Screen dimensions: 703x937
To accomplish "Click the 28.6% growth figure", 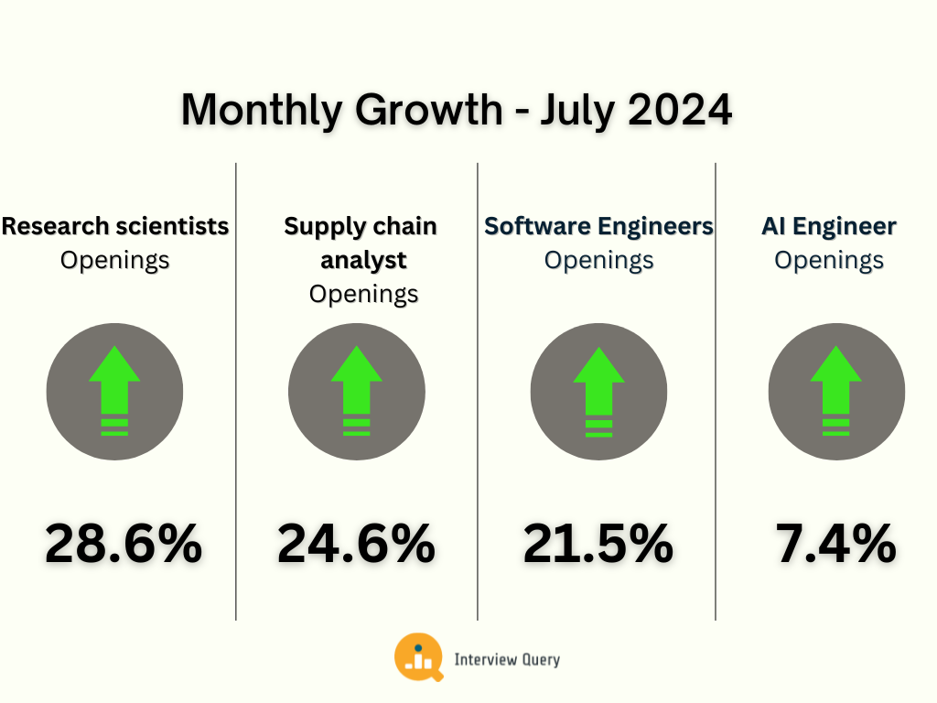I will tap(124, 544).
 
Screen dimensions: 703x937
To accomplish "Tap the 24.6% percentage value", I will tap(356, 544).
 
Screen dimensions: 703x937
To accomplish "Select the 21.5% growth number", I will tap(598, 544).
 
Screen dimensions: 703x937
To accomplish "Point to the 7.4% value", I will tap(835, 544).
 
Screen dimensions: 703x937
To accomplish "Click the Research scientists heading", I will tap(114, 226).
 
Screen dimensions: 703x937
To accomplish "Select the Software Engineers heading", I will tap(598, 226).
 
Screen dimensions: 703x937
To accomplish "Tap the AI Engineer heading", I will tap(829, 226).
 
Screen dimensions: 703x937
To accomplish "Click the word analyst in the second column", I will tap(363, 260).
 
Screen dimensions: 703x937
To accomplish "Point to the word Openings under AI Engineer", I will tap(829, 260).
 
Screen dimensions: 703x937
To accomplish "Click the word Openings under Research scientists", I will tap(114, 260).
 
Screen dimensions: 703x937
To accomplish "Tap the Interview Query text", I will tap(507, 659).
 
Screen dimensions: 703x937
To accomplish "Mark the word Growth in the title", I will tap(428, 111).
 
